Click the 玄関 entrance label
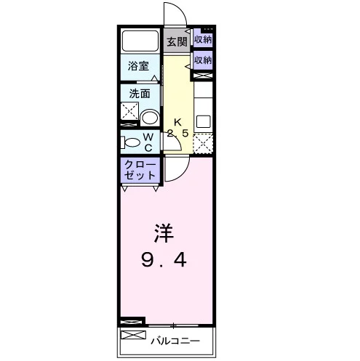pos(177,42)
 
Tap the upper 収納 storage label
pos(203,39)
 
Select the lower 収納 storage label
pos(203,60)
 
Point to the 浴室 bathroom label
pos(138,66)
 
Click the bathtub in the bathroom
pos(140,41)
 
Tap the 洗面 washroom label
pos(139,94)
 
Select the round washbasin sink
pos(149,118)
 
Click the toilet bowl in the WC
pos(130,142)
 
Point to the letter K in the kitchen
pos(177,123)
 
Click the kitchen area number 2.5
pos(177,134)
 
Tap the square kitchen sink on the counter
pos(204,121)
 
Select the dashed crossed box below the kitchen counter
pos(203,143)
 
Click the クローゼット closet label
pos(140,170)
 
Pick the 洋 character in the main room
pos(164,233)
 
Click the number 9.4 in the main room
pos(164,260)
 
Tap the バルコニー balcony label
pos(175,341)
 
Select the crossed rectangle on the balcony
pos(133,335)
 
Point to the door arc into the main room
pos(183,174)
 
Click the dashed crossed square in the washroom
pos(129,111)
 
